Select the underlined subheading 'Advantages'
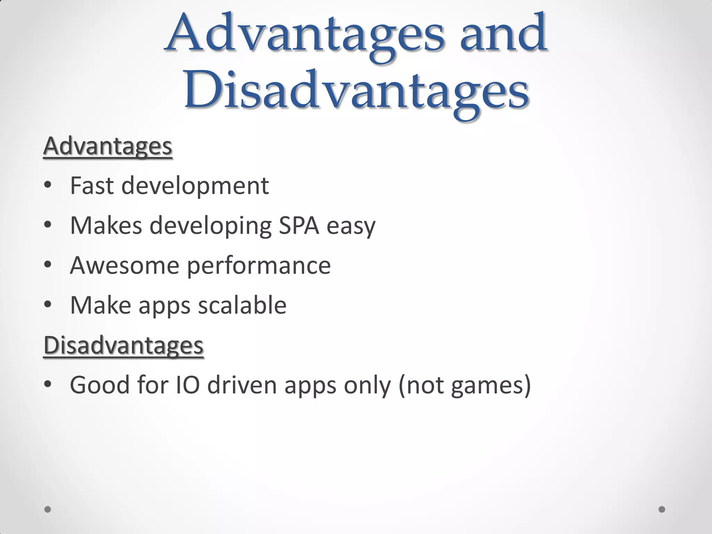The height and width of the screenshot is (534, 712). tap(108, 146)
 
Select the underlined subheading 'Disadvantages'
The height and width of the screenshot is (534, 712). tap(123, 345)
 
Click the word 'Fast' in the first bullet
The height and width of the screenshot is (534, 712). tap(92, 186)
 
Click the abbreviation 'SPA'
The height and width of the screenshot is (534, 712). tap(299, 225)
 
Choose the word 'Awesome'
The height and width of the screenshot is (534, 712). tap(124, 265)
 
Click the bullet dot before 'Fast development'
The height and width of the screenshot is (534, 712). tap(48, 185)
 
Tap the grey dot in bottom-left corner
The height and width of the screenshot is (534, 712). tap(48, 509)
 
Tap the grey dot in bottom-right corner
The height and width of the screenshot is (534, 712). tap(662, 509)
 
